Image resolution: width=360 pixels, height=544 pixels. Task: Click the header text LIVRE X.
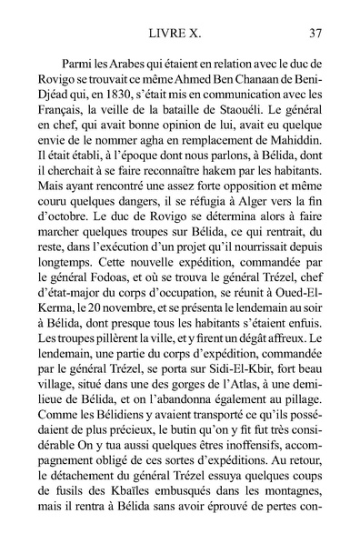(x=180, y=34)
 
